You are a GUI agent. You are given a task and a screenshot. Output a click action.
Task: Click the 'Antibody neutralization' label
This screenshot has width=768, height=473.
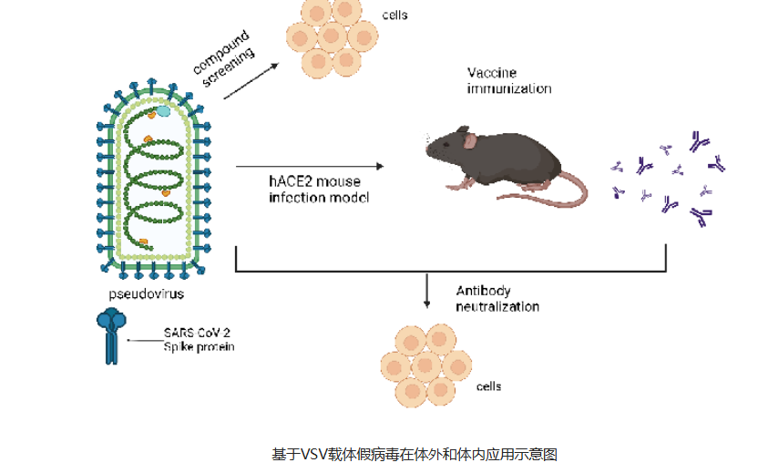(x=497, y=299)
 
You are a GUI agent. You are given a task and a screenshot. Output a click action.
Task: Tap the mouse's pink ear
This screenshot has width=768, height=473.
(x=470, y=140)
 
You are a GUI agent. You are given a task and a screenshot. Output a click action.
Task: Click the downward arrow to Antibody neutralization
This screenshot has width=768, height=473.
(x=427, y=290)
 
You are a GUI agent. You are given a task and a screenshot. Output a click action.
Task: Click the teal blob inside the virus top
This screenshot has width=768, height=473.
(x=163, y=110)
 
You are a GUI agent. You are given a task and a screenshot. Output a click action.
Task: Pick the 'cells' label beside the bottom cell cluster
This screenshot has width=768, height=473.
(x=488, y=386)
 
